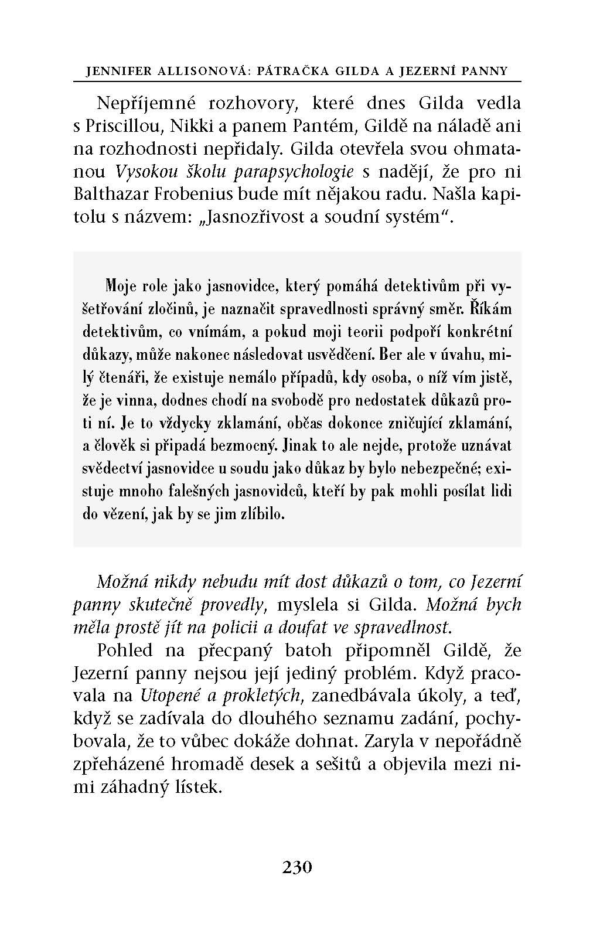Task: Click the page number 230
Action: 297,867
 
